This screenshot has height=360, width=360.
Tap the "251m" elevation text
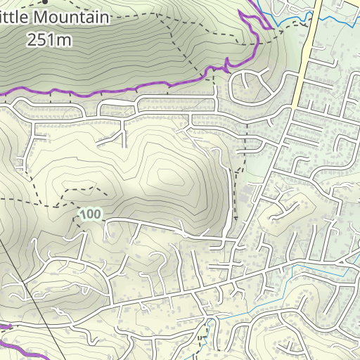point(49,39)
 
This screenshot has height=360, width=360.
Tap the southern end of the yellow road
point(291,107)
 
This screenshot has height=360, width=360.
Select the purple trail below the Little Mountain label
point(105,90)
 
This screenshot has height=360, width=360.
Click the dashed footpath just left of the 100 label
point(63,206)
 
